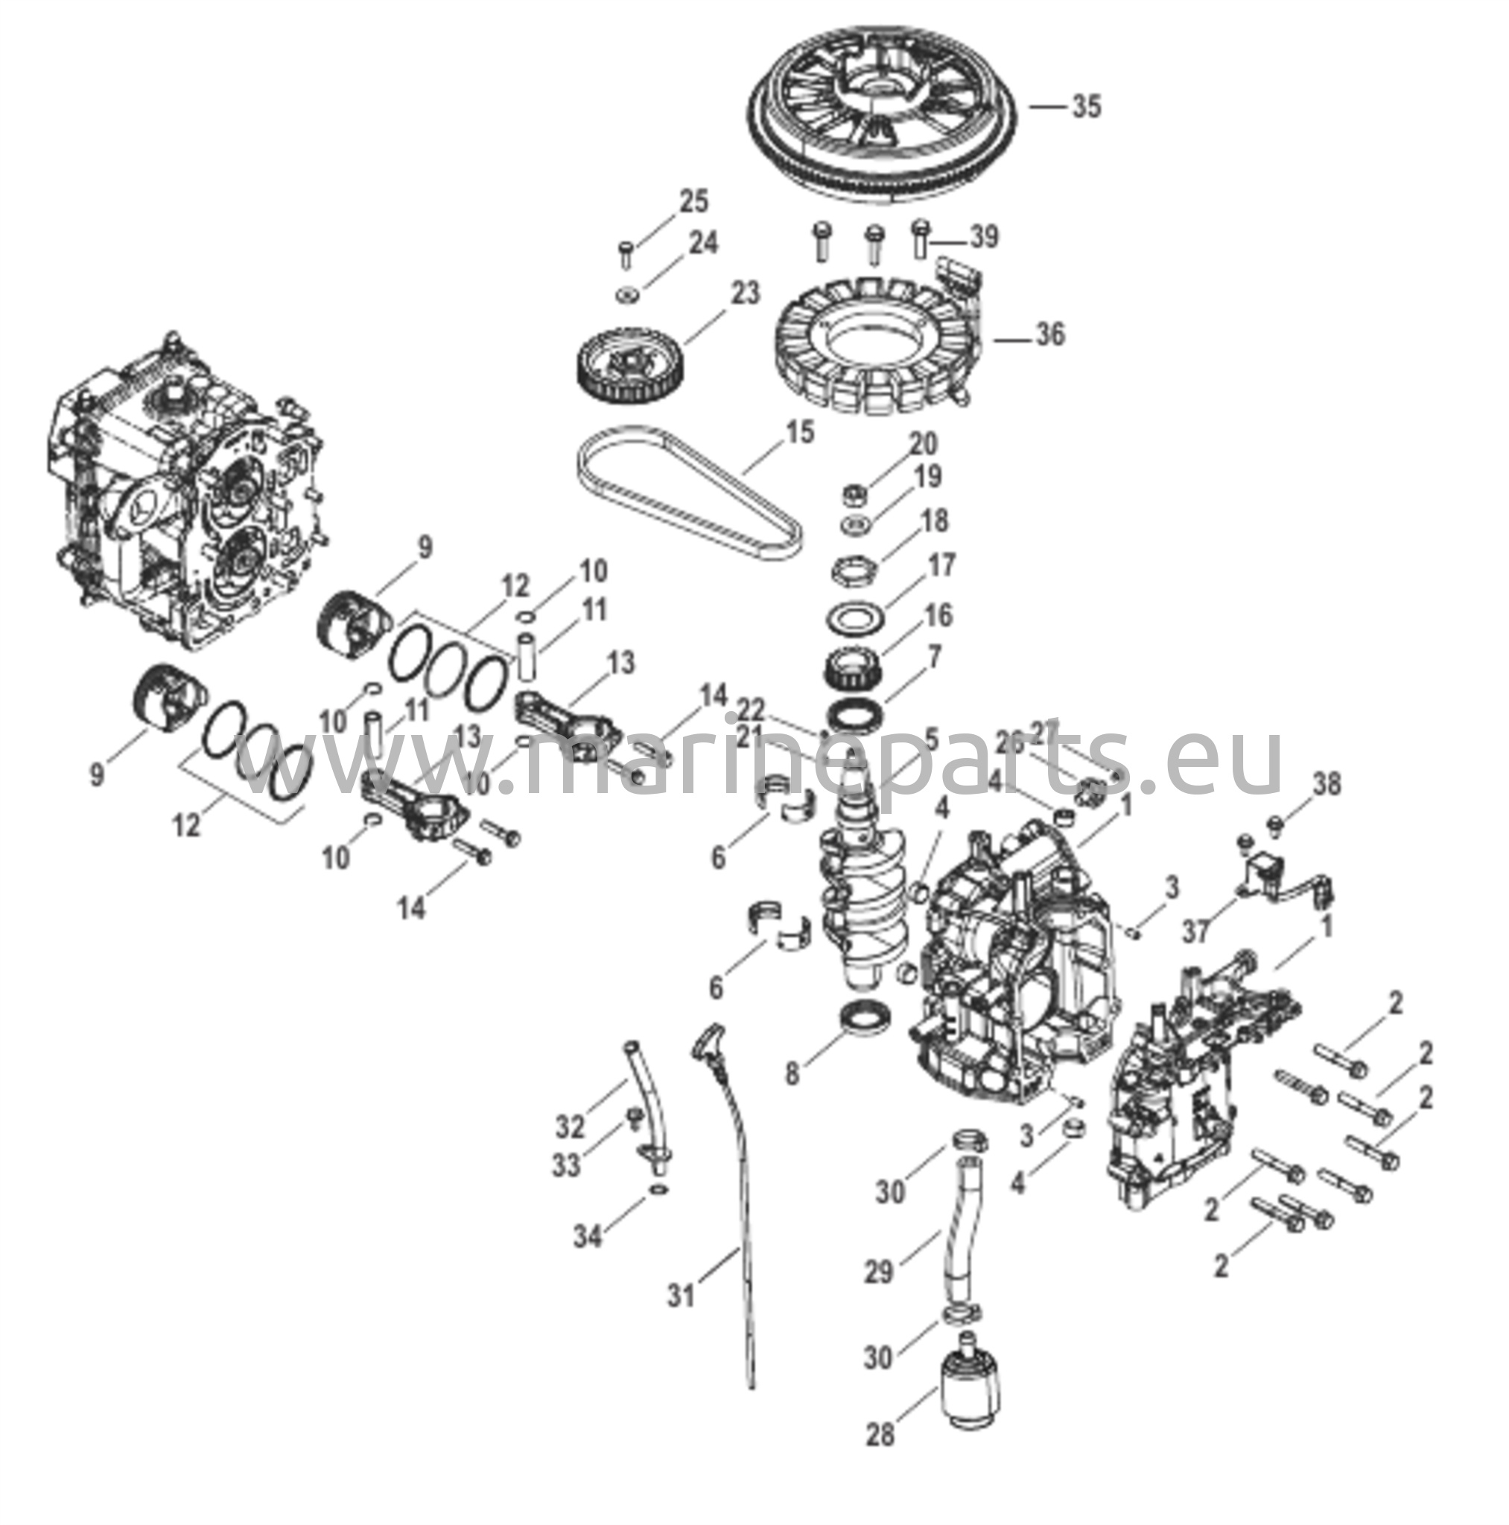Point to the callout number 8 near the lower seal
(792, 1074)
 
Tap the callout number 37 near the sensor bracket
(1195, 932)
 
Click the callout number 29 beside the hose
(878, 1271)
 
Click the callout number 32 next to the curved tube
(570, 1127)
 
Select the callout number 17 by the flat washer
(941, 565)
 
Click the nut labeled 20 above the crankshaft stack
(854, 496)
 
